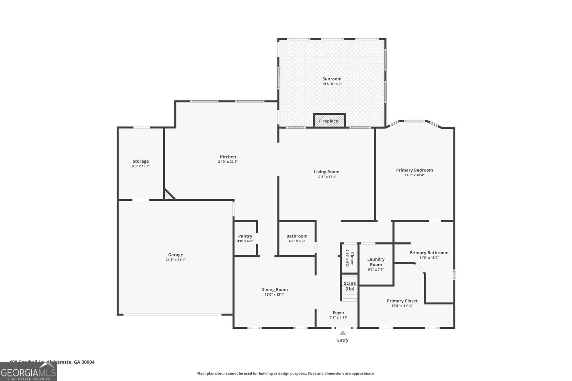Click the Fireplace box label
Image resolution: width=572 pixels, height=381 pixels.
pyautogui.click(x=328, y=121)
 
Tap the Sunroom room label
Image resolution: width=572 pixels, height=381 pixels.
pyautogui.click(x=332, y=79)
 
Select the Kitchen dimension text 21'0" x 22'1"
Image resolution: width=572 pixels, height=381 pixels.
pyautogui.click(x=228, y=162)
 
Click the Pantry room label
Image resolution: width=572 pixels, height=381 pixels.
pyautogui.click(x=245, y=236)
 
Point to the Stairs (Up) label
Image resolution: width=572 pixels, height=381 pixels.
pyautogui.click(x=350, y=286)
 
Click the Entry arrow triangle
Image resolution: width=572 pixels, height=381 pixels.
pyautogui.click(x=343, y=333)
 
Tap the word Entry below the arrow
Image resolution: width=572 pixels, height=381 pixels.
pyautogui.click(x=343, y=340)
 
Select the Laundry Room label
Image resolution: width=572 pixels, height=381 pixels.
pyautogui.click(x=376, y=262)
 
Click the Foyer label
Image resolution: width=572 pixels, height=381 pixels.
pyautogui.click(x=338, y=312)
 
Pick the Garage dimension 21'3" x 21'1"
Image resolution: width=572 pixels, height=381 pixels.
pyautogui.click(x=175, y=260)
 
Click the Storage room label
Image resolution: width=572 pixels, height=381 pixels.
pyautogui.click(x=141, y=161)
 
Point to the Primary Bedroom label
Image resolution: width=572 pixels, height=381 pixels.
pyautogui.click(x=415, y=170)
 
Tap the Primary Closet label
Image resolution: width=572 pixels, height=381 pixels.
pyautogui.click(x=402, y=301)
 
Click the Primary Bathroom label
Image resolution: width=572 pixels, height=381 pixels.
pyautogui.click(x=429, y=253)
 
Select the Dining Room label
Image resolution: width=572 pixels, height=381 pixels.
pyautogui.click(x=275, y=290)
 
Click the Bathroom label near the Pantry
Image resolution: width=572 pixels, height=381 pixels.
pyautogui.click(x=297, y=236)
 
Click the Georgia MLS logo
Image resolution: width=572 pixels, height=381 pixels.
pyautogui.click(x=28, y=372)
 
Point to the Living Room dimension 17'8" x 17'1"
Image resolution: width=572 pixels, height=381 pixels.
pyautogui.click(x=326, y=177)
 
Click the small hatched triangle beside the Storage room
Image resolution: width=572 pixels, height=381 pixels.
pyautogui.click(x=168, y=195)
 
